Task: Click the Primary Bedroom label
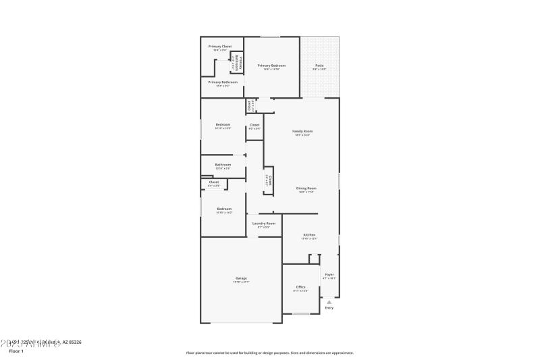click(271, 66)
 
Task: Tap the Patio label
click(319, 66)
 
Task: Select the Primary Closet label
click(219, 47)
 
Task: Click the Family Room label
click(302, 131)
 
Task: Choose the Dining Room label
click(307, 188)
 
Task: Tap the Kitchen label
click(309, 234)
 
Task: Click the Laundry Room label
click(264, 224)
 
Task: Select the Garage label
click(241, 278)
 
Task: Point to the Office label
click(300, 287)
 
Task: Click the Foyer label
click(329, 274)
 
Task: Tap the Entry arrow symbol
click(329, 302)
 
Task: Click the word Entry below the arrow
click(329, 308)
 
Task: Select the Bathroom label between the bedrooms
click(223, 165)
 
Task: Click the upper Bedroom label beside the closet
click(223, 124)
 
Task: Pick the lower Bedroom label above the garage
click(224, 209)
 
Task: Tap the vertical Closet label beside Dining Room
click(269, 180)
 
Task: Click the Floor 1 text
click(16, 352)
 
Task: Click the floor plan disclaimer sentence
click(269, 353)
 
